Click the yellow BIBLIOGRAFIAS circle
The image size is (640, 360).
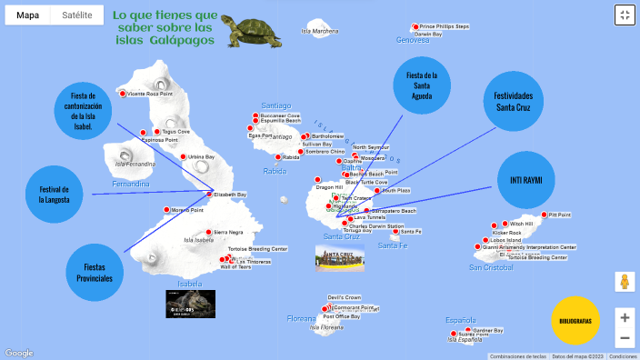[x=576, y=321]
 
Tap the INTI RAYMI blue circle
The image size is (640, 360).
[x=525, y=180]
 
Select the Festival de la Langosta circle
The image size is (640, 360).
[x=55, y=195]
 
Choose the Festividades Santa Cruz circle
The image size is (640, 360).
[x=513, y=102]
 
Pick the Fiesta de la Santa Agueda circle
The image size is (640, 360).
[x=422, y=85]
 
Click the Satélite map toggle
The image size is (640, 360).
[x=76, y=15]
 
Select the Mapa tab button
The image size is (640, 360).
[x=27, y=15]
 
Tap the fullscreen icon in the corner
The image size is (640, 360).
[x=624, y=15]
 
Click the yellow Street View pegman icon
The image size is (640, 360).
[x=624, y=282]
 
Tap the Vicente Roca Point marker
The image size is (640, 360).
[x=123, y=94]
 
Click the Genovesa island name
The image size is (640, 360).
[x=412, y=41]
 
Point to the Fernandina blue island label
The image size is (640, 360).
[x=130, y=184]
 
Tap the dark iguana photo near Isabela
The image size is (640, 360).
[x=190, y=303]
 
